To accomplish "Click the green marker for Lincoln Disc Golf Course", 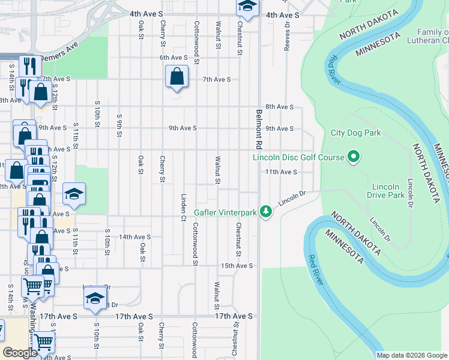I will [354, 158].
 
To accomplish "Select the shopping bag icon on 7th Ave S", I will [176, 77].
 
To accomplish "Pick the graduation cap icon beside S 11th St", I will [74, 194].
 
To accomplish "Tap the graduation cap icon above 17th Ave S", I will [95, 299].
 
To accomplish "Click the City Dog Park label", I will [356, 133].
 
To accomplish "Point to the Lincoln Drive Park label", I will [387, 191].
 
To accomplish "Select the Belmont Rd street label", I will [259, 128].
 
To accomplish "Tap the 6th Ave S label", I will [173, 58].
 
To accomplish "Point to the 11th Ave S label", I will [282, 172].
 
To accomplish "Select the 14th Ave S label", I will [134, 237].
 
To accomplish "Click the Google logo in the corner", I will [20, 353].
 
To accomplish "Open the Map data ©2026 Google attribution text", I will [411, 355].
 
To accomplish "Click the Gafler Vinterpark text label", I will [225, 212].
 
